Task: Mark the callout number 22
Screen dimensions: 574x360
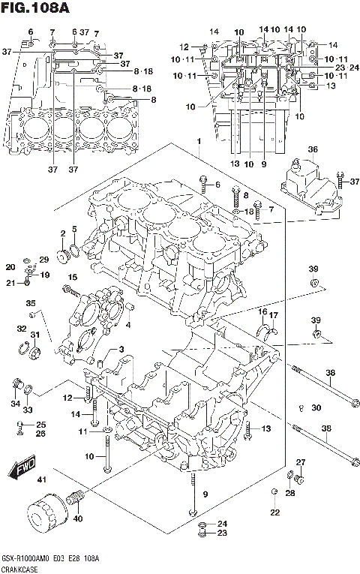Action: pyautogui.click(x=275, y=512)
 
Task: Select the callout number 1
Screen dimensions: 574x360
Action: pyautogui.click(x=199, y=142)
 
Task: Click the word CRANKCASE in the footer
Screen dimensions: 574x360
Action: pyautogui.click(x=20, y=568)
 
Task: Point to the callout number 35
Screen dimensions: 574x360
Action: pyautogui.click(x=31, y=303)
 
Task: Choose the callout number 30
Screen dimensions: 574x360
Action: pyautogui.click(x=316, y=407)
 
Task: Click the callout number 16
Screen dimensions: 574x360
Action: pyautogui.click(x=263, y=311)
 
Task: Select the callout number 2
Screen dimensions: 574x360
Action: pyautogui.click(x=63, y=233)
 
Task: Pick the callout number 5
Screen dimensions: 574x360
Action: pyautogui.click(x=74, y=228)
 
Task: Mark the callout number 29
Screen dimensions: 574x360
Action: pyautogui.click(x=43, y=260)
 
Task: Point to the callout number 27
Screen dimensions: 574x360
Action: pyautogui.click(x=301, y=461)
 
